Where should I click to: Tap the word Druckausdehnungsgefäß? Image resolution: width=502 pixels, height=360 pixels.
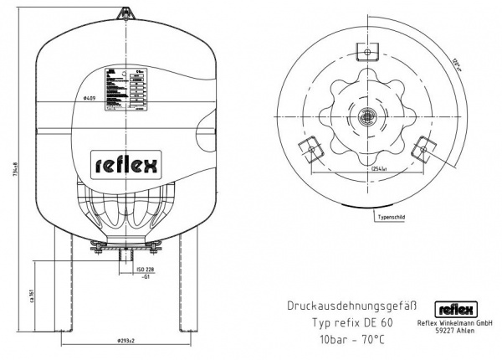(351, 306)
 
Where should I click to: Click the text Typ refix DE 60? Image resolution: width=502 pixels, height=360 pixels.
(352, 322)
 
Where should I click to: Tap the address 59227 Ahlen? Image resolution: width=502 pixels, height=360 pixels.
(455, 333)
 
